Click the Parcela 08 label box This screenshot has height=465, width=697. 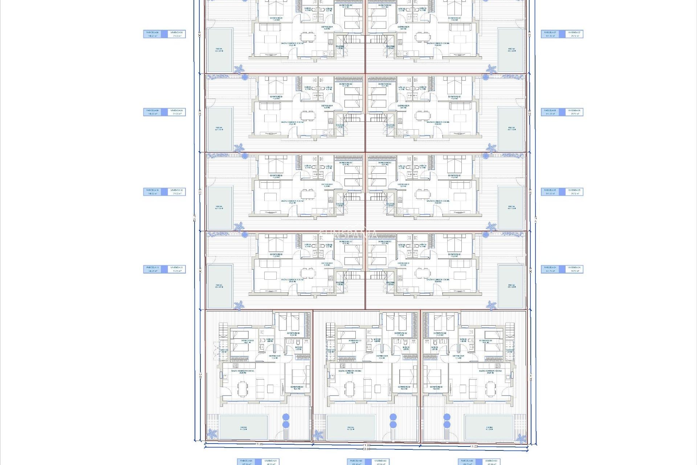153,34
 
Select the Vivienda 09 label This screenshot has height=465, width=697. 177,112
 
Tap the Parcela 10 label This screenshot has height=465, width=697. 153,192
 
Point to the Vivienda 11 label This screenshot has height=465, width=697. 177,269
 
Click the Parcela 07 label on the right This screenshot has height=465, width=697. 551,34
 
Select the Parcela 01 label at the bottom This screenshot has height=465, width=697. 247,462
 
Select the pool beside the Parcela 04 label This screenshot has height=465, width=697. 511,286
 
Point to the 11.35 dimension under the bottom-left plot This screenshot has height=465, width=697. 259,444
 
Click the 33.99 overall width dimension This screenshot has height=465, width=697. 366,449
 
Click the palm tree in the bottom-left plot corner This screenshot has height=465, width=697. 212,434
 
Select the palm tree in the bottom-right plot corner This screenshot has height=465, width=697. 521,438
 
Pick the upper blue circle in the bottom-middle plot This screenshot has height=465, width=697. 393,417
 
